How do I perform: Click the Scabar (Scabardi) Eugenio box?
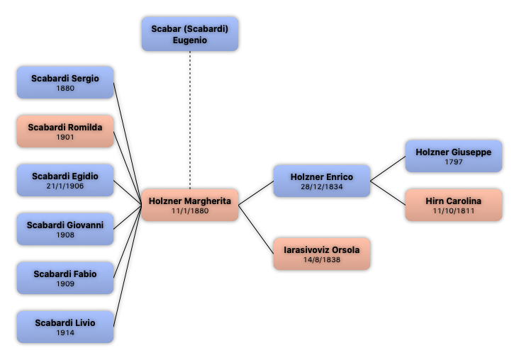pyautogui.click(x=190, y=34)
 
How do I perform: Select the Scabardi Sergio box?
pyautogui.click(x=65, y=82)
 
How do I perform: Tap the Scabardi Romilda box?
pyautogui.click(x=65, y=131)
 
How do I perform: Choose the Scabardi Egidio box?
pyautogui.click(x=65, y=180)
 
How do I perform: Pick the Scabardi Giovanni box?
pyautogui.click(x=65, y=229)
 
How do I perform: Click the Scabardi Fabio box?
pyautogui.click(x=65, y=278)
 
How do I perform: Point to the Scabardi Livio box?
pyautogui.click(x=65, y=327)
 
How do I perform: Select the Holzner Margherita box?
pyautogui.click(x=190, y=205)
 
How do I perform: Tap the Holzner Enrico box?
pyautogui.click(x=322, y=181)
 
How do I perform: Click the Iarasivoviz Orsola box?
pyautogui.click(x=322, y=254)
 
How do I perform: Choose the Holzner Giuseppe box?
pyautogui.click(x=454, y=156)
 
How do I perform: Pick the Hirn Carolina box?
pyautogui.click(x=454, y=205)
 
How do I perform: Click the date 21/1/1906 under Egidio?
pyautogui.click(x=65, y=186)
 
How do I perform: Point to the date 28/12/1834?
pyautogui.click(x=322, y=186)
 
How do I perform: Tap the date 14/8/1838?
pyautogui.click(x=322, y=260)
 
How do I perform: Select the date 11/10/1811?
pyautogui.click(x=454, y=211)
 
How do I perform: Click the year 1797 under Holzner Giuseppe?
pyautogui.click(x=454, y=162)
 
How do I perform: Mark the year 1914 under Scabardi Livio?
pyautogui.click(x=65, y=332)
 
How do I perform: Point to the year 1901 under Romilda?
pyautogui.click(x=65, y=137)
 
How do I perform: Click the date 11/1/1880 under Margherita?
pyautogui.click(x=190, y=211)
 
